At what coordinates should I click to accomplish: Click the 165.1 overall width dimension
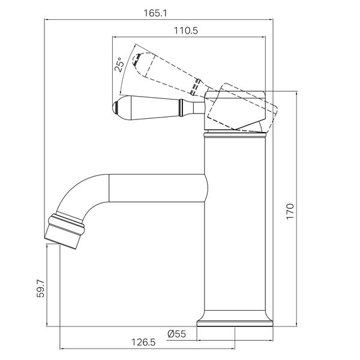coord(155,13)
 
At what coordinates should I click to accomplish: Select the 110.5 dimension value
coord(186,31)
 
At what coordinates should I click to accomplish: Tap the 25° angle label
coord(119,65)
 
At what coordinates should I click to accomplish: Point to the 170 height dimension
coord(290,211)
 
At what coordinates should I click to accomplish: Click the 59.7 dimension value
coord(41,289)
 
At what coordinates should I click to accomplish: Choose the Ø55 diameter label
coord(176,334)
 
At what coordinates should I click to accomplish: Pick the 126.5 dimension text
coord(143,343)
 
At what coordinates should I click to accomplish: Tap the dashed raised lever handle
coord(167,73)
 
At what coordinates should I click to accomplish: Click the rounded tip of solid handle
coord(115,107)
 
